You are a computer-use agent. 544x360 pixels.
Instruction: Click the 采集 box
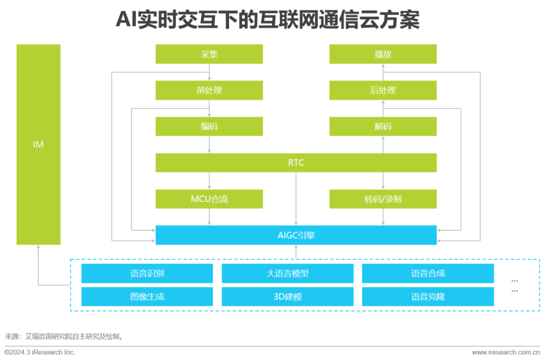[x=209, y=54]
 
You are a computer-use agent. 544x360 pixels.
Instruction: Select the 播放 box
[x=383, y=54]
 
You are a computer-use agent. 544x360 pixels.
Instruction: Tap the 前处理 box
[x=209, y=91]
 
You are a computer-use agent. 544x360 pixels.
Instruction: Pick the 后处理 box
[x=383, y=91]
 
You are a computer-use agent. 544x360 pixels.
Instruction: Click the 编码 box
[x=209, y=126]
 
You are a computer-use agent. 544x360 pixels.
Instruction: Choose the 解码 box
[x=383, y=126]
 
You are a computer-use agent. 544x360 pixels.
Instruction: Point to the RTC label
[x=296, y=163]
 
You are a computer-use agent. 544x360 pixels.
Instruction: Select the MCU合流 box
[x=209, y=199]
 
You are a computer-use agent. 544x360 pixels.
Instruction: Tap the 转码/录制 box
[x=383, y=199]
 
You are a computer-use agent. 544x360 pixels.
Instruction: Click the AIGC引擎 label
[x=296, y=235]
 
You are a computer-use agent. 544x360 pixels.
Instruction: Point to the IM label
[x=38, y=145]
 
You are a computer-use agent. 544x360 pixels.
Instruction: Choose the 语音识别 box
[x=147, y=273]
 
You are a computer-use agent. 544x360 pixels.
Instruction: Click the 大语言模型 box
[x=287, y=273]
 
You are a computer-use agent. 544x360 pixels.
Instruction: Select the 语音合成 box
[x=428, y=273]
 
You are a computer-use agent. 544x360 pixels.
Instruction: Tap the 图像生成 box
[x=147, y=297]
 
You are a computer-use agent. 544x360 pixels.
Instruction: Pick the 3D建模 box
[x=287, y=297]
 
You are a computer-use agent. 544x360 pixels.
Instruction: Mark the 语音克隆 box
[x=428, y=297]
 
